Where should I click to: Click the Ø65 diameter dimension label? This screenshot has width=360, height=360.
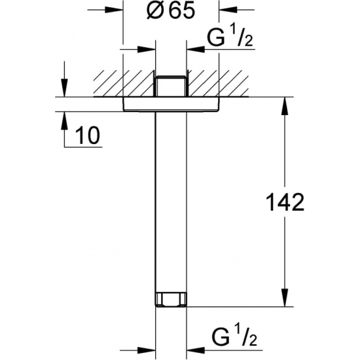click(x=171, y=10)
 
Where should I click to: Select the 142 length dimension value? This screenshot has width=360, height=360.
click(x=285, y=202)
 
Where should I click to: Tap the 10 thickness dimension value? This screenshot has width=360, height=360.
click(x=88, y=135)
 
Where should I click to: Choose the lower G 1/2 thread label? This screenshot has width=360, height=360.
click(x=234, y=337)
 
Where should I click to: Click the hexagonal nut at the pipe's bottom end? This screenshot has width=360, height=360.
click(x=171, y=299)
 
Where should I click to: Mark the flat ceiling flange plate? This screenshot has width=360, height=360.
click(x=171, y=105)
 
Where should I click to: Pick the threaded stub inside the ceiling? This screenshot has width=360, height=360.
click(x=171, y=86)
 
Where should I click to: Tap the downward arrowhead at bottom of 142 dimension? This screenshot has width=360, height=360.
click(x=285, y=298)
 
